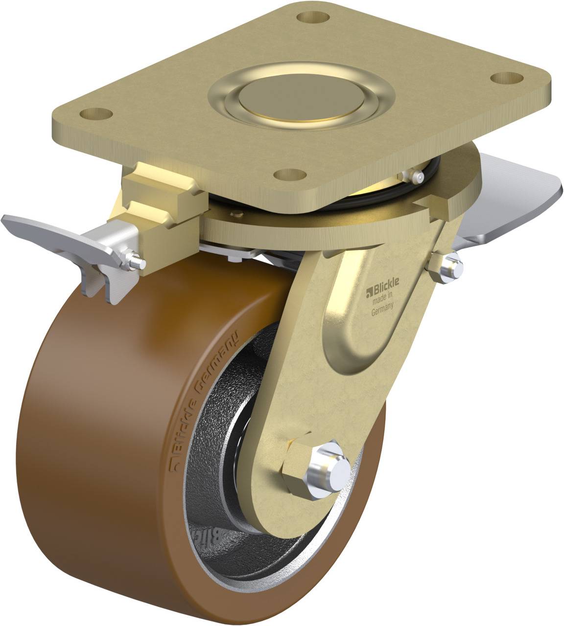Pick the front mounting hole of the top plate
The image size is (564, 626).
289,174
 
